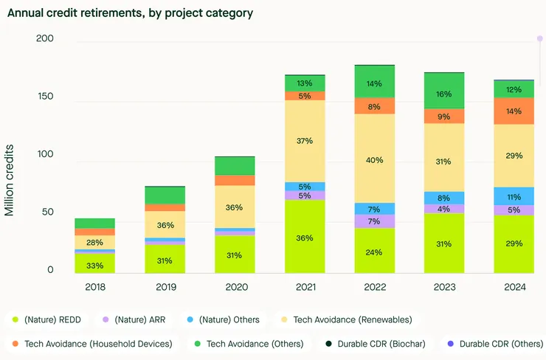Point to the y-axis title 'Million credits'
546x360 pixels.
pyautogui.click(x=10, y=180)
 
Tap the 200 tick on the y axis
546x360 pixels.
pyautogui.click(x=45, y=38)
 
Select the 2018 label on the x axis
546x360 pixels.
pyautogui.click(x=95, y=287)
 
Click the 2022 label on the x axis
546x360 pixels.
pyautogui.click(x=375, y=287)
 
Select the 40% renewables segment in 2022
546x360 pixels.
pyautogui.click(x=375, y=159)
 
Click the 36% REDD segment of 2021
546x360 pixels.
pyautogui.click(x=305, y=238)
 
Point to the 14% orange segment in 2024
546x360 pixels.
pyautogui.click(x=514, y=111)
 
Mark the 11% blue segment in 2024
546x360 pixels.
pyautogui.click(x=514, y=197)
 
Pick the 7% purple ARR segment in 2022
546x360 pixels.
pyautogui.click(x=375, y=221)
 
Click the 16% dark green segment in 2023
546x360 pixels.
pyautogui.click(x=444, y=94)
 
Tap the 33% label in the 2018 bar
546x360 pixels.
pyautogui.click(x=95, y=266)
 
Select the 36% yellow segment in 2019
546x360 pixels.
pyautogui.click(x=165, y=225)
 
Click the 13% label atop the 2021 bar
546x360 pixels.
pyautogui.click(x=305, y=83)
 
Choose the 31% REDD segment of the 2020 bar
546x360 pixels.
pyautogui.click(x=235, y=255)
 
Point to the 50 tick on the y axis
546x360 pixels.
pyautogui.click(x=48, y=212)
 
